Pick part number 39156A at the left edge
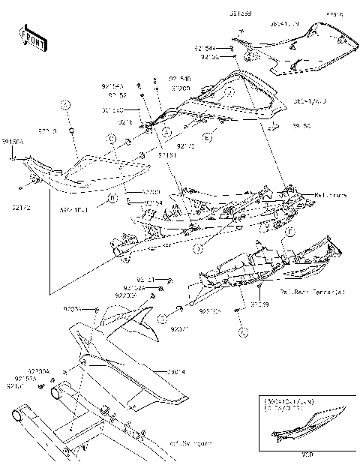coord(11,140)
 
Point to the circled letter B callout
coord(112,199)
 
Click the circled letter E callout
coord(207,137)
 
